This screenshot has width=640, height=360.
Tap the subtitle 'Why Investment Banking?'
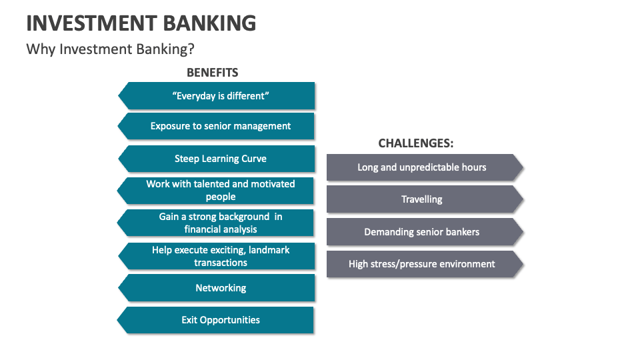click(110, 49)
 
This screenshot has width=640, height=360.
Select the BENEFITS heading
click(212, 72)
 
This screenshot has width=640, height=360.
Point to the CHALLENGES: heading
click(416, 143)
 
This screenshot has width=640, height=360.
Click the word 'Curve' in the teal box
click(254, 159)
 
